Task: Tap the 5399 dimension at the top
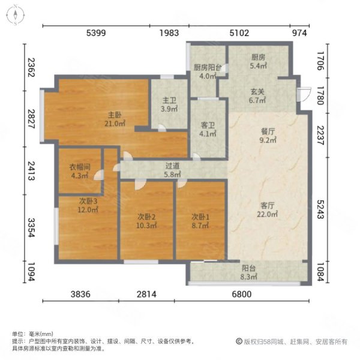[96, 34]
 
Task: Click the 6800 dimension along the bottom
[250, 294]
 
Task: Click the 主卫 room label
[168, 101]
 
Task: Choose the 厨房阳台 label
[206, 68]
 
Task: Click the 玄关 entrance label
[257, 92]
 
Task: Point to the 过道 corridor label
[173, 168]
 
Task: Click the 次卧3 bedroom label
[87, 201]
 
